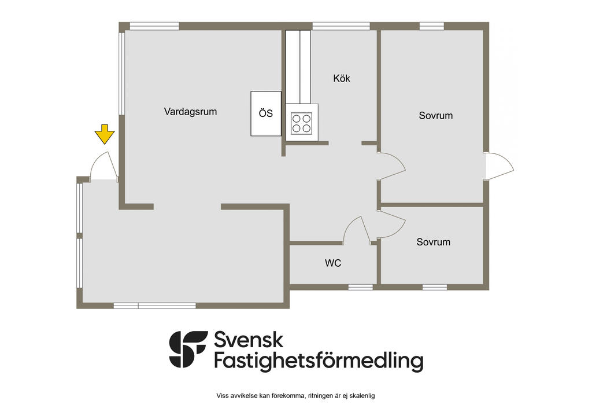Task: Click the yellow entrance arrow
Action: click(x=105, y=134)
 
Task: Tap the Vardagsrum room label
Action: click(x=190, y=112)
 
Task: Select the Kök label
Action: click(x=342, y=78)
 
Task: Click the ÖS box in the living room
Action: click(x=265, y=113)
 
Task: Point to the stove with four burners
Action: click(x=302, y=122)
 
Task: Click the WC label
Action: click(x=333, y=263)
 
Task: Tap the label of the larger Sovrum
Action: click(x=436, y=116)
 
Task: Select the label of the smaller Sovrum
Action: click(x=434, y=242)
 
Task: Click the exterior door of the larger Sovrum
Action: click(x=499, y=165)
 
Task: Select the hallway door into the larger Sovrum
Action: click(x=391, y=167)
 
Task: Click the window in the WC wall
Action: click(x=360, y=287)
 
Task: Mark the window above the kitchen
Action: click(x=341, y=25)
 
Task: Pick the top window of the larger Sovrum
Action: click(x=431, y=25)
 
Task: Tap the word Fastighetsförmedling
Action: click(x=319, y=362)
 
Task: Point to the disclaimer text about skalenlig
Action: click(x=296, y=396)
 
